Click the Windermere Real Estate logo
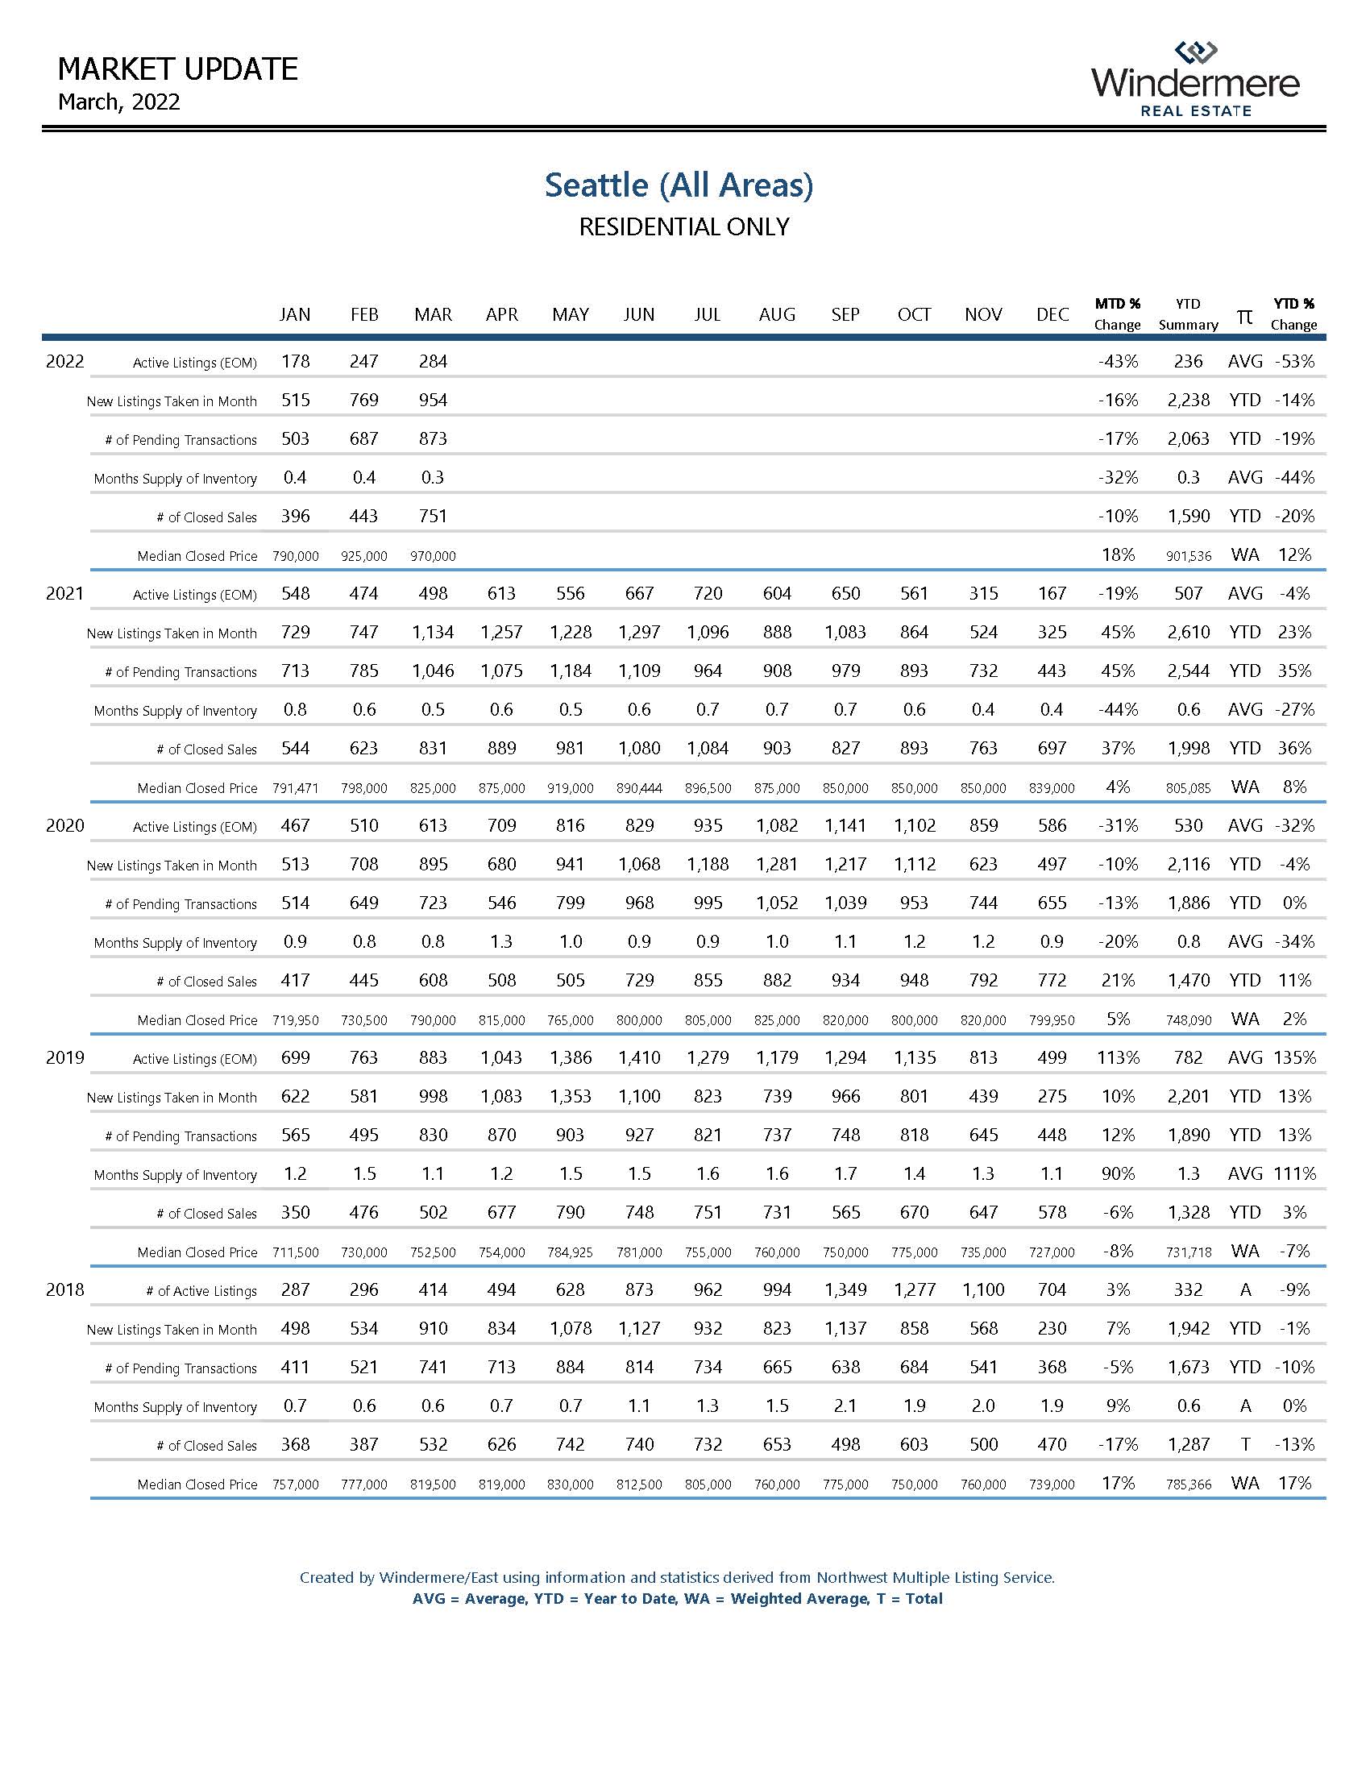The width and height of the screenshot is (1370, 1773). (x=1195, y=79)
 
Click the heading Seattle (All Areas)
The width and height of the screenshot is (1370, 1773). (x=679, y=185)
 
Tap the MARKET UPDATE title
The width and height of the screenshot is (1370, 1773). (x=178, y=69)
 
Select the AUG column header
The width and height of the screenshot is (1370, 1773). (x=777, y=314)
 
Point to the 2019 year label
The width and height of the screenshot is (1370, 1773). (x=65, y=1057)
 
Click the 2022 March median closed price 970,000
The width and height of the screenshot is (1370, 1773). (x=433, y=556)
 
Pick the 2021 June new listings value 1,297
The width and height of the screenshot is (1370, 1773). (x=639, y=632)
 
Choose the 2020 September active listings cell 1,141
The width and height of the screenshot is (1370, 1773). (x=845, y=825)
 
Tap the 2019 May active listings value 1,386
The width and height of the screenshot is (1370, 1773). (x=570, y=1058)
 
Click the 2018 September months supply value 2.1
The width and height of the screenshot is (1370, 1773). (x=845, y=1406)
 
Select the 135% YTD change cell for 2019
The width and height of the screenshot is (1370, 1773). (x=1294, y=1058)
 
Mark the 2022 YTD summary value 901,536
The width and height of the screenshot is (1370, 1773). (x=1188, y=556)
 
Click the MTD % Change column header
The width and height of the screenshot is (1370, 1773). (x=1117, y=314)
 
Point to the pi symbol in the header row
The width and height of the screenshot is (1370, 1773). (x=1244, y=315)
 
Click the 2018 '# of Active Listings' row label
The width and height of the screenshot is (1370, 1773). (x=201, y=1291)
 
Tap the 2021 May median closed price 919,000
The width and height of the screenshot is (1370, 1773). (x=570, y=788)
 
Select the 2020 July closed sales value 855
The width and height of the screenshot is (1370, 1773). (x=708, y=980)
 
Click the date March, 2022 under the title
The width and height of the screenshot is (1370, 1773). (x=119, y=102)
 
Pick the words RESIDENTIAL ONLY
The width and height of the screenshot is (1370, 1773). (x=683, y=226)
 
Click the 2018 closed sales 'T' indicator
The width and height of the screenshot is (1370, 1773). (x=1245, y=1444)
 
